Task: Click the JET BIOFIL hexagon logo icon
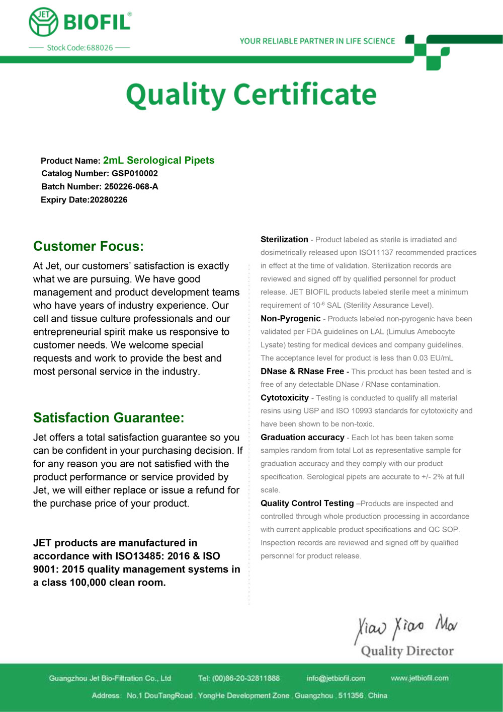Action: [x=44, y=22]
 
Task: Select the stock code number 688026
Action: [x=100, y=48]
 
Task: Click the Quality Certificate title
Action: [x=251, y=95]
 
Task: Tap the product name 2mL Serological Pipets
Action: [x=158, y=161]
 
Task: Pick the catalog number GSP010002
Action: [x=135, y=174]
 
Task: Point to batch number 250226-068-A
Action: [x=131, y=187]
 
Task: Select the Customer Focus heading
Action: [x=89, y=246]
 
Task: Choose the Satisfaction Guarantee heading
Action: [x=109, y=418]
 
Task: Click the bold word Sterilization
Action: [x=284, y=240]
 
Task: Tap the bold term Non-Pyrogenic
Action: [x=290, y=319]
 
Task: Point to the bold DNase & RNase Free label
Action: [x=302, y=372]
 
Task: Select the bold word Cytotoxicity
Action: [x=285, y=398]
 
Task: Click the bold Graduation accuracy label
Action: [x=302, y=438]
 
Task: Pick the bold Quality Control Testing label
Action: [x=307, y=504]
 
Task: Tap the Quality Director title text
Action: [x=407, y=651]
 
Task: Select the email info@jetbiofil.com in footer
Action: [x=336, y=678]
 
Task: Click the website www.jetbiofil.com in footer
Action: [x=420, y=678]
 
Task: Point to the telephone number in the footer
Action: [x=246, y=678]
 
